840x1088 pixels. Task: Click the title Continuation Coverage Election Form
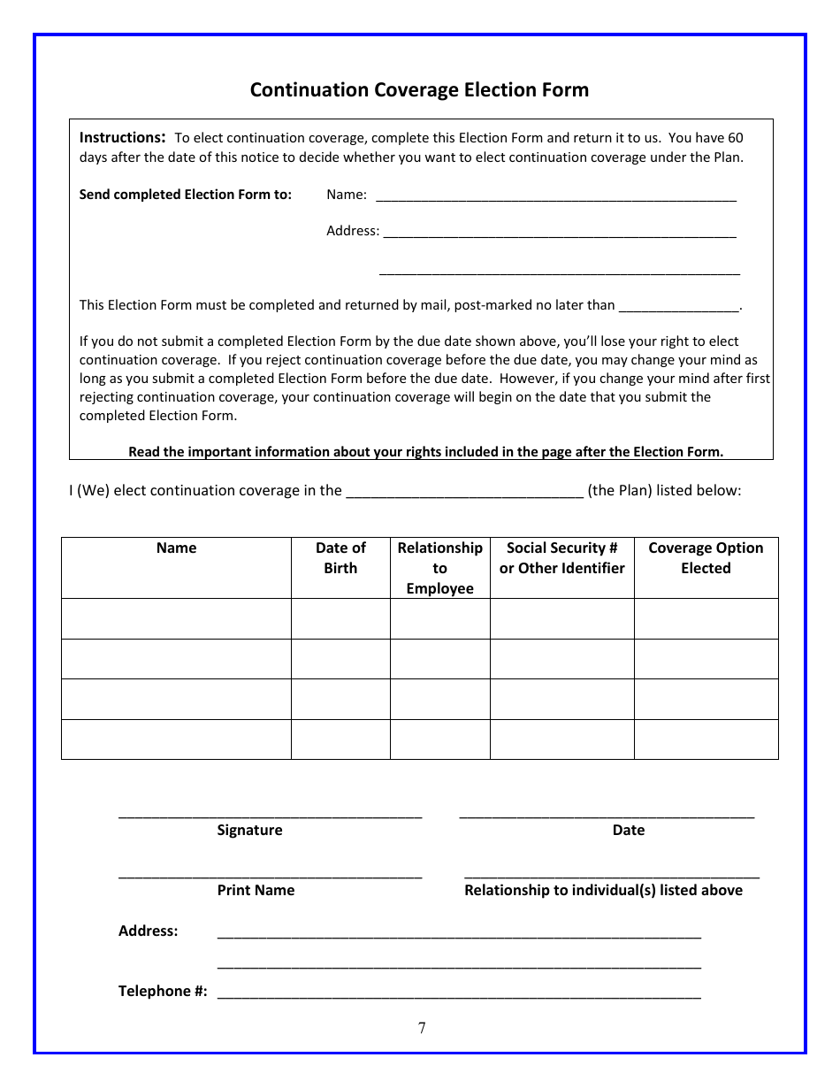(x=419, y=90)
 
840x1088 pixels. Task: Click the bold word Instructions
(x=122, y=138)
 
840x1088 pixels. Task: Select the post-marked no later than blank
(x=678, y=306)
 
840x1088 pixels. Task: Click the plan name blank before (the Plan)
(x=464, y=491)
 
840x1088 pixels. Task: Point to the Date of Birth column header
(x=340, y=558)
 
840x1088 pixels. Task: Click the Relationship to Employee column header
(x=439, y=568)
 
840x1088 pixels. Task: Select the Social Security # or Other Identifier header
(x=561, y=558)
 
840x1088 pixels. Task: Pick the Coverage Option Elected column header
(x=706, y=558)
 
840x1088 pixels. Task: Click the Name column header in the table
(x=176, y=548)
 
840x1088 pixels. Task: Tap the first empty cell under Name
(x=176, y=618)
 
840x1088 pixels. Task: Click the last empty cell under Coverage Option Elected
(x=706, y=739)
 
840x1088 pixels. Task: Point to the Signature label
(x=249, y=831)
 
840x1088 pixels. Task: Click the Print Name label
(x=256, y=891)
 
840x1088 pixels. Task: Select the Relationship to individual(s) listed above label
(x=603, y=891)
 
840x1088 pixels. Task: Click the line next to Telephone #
(x=459, y=992)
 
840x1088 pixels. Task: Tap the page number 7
(x=422, y=1028)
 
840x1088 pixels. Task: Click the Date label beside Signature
(x=628, y=831)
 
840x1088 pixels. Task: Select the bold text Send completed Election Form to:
(x=185, y=195)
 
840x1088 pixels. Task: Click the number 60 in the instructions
(x=735, y=138)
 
